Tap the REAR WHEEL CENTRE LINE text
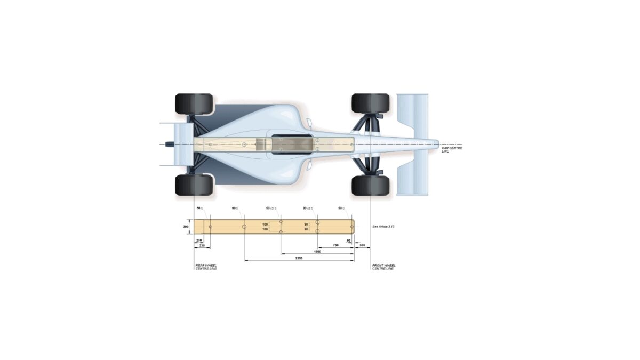tap(206, 267)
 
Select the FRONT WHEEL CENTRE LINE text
tap(383, 267)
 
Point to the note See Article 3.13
tap(383, 227)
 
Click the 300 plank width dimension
tap(186, 227)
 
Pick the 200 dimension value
tap(199, 241)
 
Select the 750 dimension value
tap(335, 245)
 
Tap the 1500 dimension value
tap(317, 251)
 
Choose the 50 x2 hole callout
tap(271, 208)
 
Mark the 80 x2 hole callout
tap(307, 208)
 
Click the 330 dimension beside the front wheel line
tap(362, 245)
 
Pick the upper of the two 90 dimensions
tap(306, 224)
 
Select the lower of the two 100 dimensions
tap(265, 229)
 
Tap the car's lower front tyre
tap(370, 185)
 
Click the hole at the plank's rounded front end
tap(351, 227)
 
